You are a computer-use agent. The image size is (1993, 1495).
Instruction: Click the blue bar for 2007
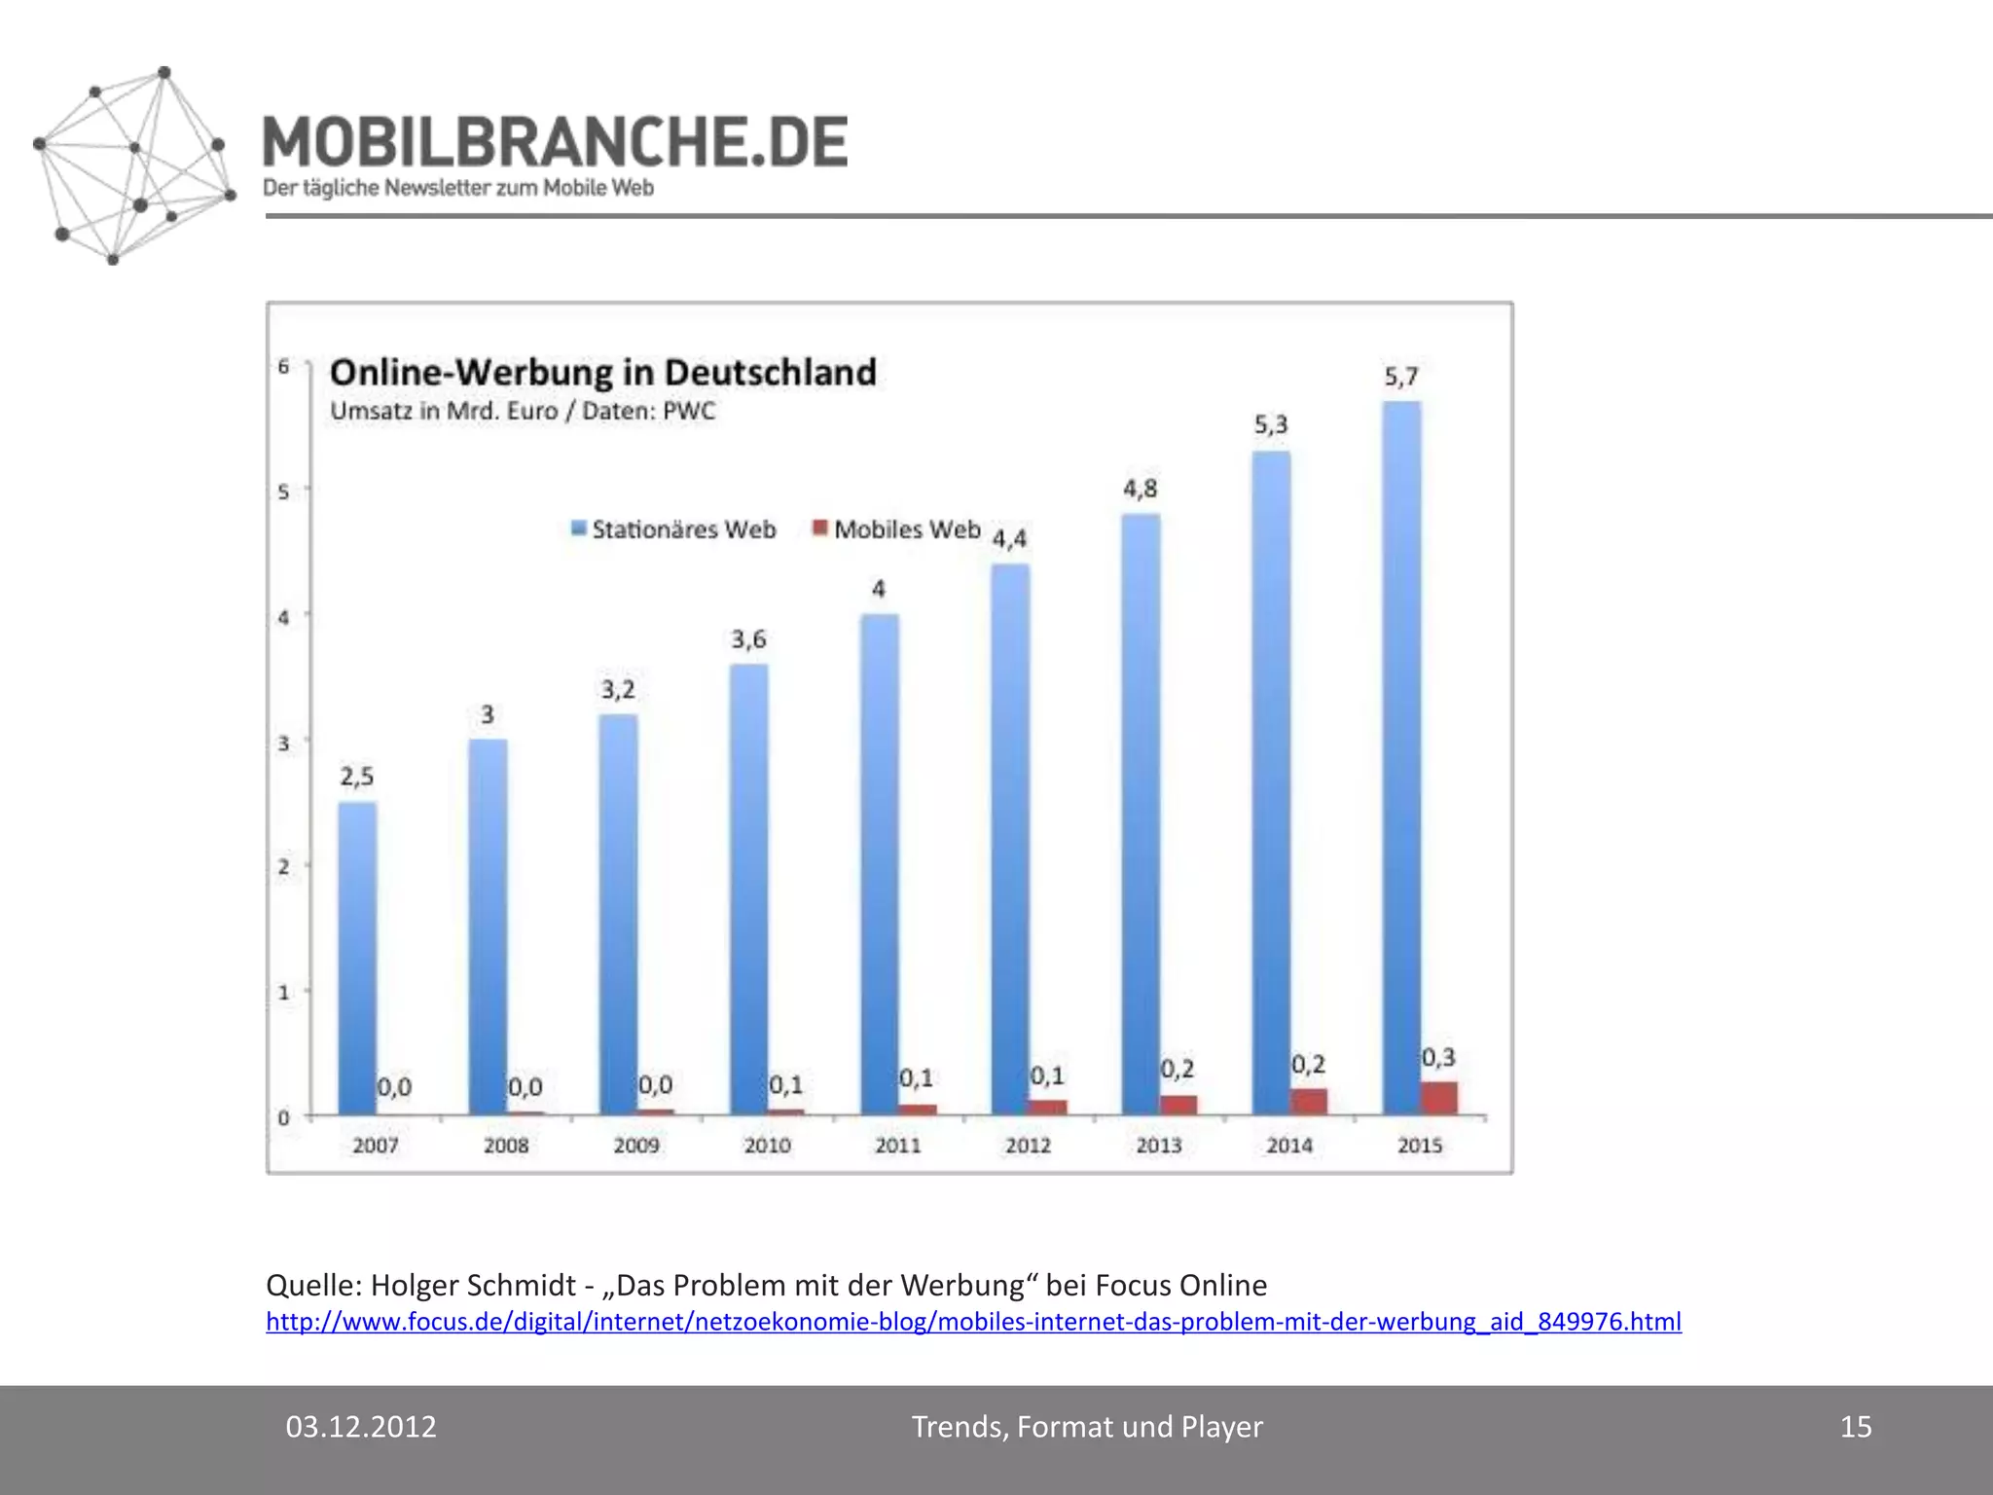[357, 959]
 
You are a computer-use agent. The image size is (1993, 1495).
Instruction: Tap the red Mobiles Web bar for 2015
[1439, 1097]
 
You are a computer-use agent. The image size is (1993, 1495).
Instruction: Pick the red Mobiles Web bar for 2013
[1178, 1104]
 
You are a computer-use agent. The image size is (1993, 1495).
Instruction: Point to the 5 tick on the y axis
[283, 492]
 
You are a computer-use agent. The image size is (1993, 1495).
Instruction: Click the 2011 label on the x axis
[897, 1146]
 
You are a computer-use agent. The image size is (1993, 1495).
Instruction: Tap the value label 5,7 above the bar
[1401, 377]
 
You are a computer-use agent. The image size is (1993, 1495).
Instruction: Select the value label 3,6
[748, 639]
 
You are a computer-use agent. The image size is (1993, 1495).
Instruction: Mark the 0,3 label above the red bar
[1438, 1058]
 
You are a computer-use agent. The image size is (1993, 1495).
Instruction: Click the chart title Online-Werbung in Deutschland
[602, 373]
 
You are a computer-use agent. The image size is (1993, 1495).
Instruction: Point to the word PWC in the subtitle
[689, 412]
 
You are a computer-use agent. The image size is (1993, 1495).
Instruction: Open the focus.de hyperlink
[973, 1322]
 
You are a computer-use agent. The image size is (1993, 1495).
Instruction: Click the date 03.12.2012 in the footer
[361, 1427]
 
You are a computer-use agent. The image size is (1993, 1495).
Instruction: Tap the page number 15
[1856, 1427]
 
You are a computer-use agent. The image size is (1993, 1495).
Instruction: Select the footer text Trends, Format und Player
[1087, 1427]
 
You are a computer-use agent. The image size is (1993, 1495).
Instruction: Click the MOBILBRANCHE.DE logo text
[555, 142]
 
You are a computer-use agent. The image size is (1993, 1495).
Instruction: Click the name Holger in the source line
[414, 1286]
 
